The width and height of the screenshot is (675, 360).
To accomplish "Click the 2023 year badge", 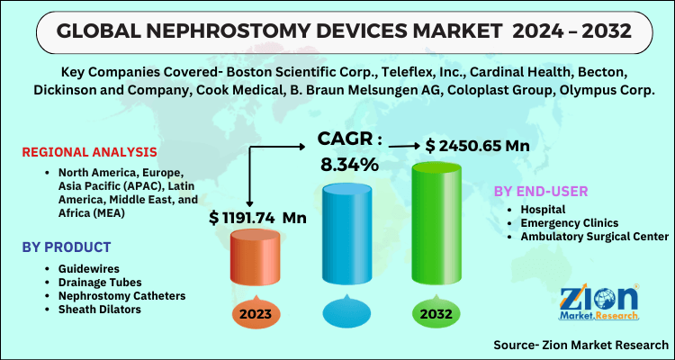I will tap(256, 314).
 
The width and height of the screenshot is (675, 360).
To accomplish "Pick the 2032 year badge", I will tap(435, 314).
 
